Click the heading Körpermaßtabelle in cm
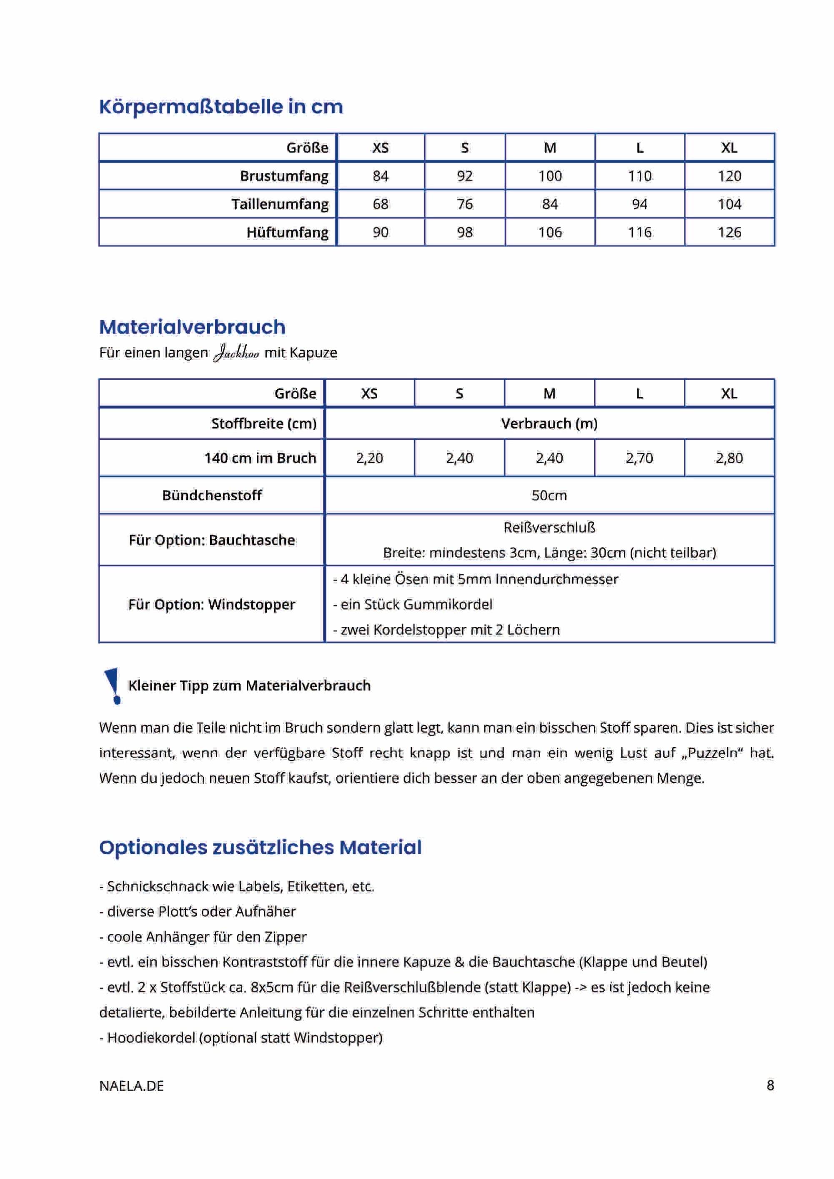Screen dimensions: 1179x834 221,107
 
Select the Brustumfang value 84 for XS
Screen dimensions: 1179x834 380,176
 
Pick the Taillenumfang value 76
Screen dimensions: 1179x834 464,204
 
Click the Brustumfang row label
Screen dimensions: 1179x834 284,176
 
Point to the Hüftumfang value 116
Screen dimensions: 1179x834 639,233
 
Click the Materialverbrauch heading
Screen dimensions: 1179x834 192,327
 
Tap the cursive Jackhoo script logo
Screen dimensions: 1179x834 236,353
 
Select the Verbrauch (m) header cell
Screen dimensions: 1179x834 549,424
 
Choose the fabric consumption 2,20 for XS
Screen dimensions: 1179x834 369,458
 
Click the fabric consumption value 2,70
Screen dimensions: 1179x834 639,458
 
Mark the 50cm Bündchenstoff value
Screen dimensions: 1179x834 549,496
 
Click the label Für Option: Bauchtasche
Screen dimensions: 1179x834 212,540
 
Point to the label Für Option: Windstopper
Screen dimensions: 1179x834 212,604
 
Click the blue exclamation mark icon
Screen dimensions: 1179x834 113,686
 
